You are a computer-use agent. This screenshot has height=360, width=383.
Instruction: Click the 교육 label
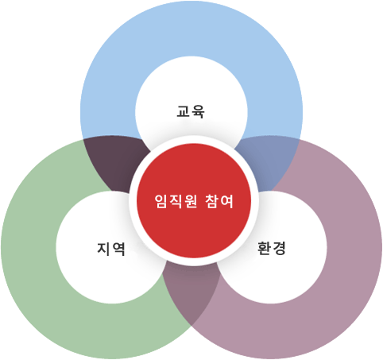pos(191,111)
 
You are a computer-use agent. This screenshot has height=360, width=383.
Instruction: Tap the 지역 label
pos(111,249)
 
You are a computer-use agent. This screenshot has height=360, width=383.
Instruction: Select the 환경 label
pos(272,248)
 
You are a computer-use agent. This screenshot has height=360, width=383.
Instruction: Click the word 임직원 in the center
pos(176,201)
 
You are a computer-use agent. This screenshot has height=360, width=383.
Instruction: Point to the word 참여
pos(219,201)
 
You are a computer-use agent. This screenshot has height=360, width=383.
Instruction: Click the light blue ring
pos(191,29)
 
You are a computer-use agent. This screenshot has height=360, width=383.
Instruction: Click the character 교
pos(184,111)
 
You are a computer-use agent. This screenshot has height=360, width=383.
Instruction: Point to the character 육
pos(198,112)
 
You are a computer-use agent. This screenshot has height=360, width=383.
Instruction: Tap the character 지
pos(103,249)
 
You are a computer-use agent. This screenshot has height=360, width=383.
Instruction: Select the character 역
pos(118,250)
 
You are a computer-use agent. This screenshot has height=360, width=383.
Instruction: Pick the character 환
pos(264,248)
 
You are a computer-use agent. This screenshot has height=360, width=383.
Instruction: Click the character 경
pos(279,249)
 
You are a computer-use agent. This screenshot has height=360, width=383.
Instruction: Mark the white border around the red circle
pos(194,139)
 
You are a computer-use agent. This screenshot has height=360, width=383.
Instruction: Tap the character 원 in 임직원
pos(191,201)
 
